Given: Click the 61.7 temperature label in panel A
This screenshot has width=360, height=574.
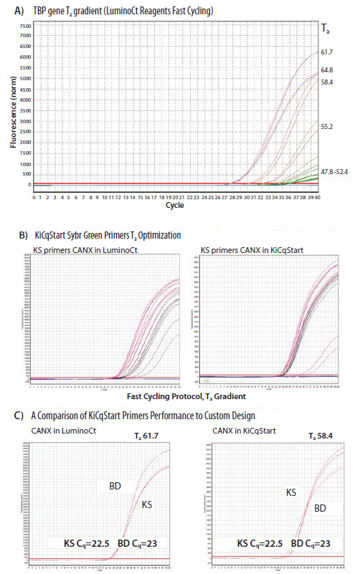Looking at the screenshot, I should tap(326, 52).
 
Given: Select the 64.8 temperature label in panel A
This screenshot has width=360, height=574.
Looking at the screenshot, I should tap(326, 70).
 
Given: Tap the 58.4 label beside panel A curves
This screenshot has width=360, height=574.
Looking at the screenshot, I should tap(326, 82).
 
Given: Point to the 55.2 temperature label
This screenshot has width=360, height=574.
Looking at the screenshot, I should tap(326, 126).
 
